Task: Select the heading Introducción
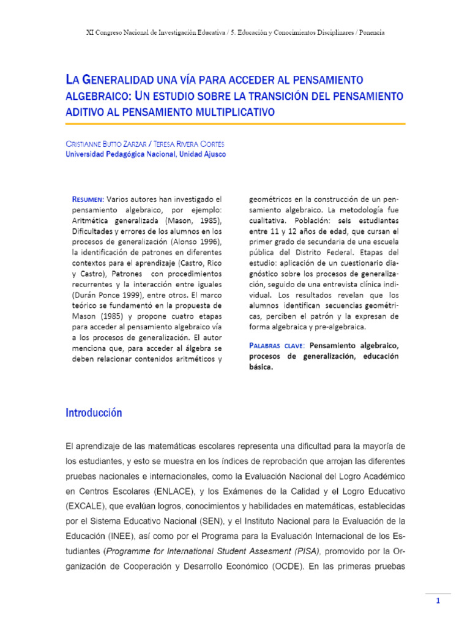point(94,413)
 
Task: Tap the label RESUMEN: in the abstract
point(88,199)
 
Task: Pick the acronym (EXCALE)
point(87,506)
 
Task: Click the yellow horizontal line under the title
point(235,124)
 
